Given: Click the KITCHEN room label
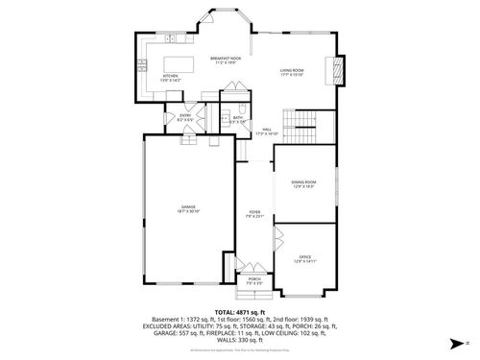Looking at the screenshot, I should [170, 76].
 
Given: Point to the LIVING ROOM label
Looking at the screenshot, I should [292, 72].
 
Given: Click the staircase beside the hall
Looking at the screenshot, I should [310, 123].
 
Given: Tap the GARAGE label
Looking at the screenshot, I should [188, 208].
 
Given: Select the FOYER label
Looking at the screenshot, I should [254, 214].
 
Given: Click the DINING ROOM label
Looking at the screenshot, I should [304, 183].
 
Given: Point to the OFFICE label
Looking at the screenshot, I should [304, 258].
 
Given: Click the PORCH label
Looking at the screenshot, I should [253, 282].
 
